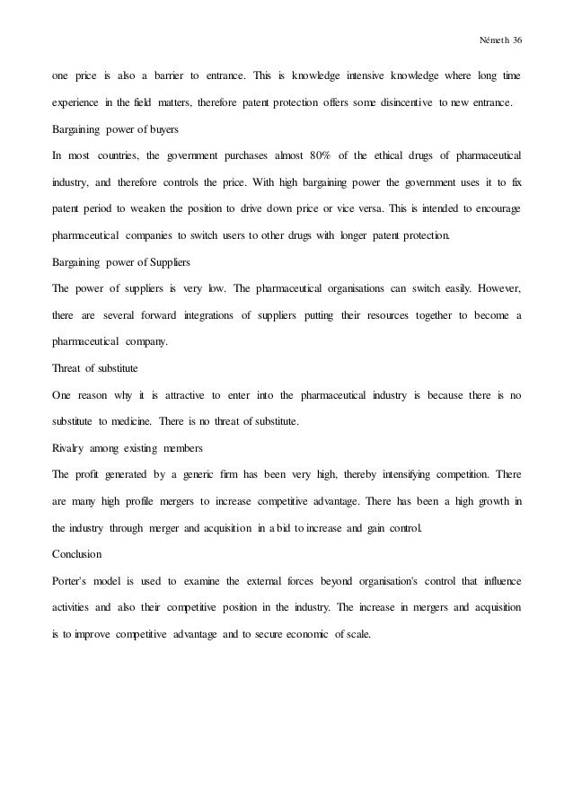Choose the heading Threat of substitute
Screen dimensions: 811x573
click(x=94, y=369)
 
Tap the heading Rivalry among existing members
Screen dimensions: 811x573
click(x=114, y=448)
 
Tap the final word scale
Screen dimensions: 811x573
click(x=356, y=634)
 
